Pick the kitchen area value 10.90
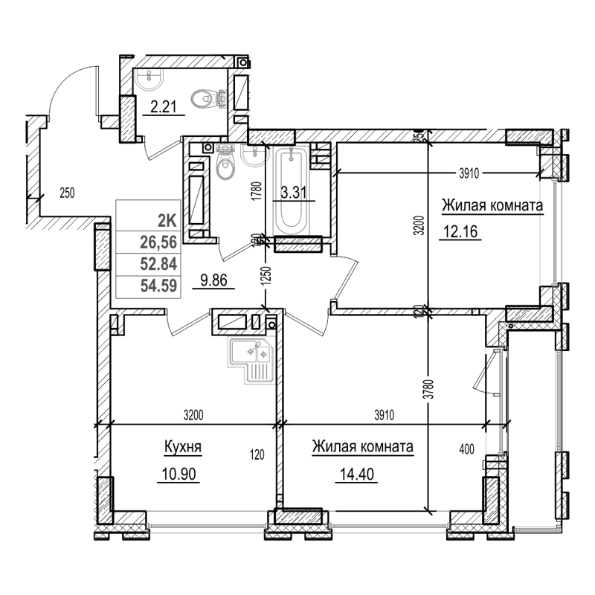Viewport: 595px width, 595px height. [177, 473]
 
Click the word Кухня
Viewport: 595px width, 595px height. [182, 448]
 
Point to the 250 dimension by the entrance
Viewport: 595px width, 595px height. [67, 193]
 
